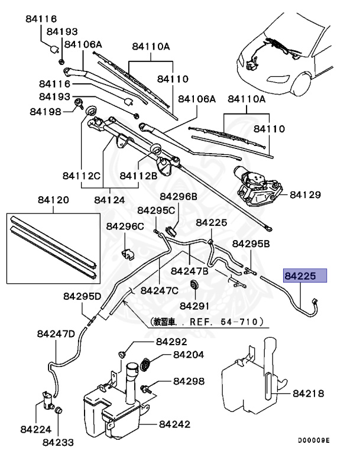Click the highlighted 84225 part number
pyautogui.click(x=304, y=275)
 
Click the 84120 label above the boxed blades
pyautogui.click(x=53, y=201)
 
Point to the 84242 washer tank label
pyautogui.click(x=174, y=424)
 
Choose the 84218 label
pyautogui.click(x=308, y=393)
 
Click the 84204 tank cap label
pyautogui.click(x=189, y=356)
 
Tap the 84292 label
pyautogui.click(x=171, y=342)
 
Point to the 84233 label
pyautogui.click(x=58, y=442)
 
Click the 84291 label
pyautogui.click(x=195, y=306)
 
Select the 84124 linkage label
pyautogui.click(x=109, y=200)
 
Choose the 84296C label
pyautogui.click(x=125, y=226)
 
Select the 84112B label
pyautogui.click(x=138, y=176)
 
